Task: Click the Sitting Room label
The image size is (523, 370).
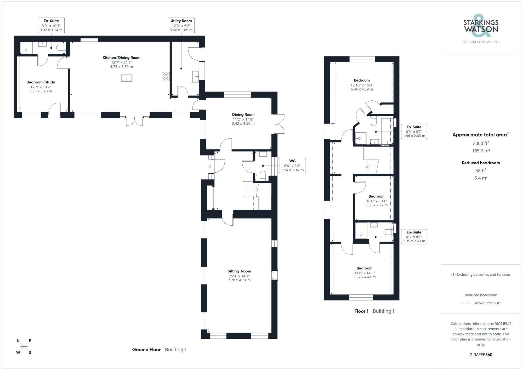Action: coord(239,271)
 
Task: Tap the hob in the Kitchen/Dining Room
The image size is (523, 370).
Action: coord(166,77)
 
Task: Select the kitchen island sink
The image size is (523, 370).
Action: coord(127,78)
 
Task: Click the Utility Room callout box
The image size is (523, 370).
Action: coord(181,25)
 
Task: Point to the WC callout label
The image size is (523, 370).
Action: coord(292,166)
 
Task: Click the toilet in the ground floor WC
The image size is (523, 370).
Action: coord(263,175)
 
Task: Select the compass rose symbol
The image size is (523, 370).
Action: coord(24,347)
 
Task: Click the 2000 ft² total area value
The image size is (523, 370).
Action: coord(481,143)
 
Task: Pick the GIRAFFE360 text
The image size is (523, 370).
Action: coord(481,355)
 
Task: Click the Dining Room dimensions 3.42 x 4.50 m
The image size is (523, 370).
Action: coord(243,123)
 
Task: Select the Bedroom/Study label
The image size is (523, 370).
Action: coord(41,82)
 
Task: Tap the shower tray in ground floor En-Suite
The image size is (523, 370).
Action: coord(26,48)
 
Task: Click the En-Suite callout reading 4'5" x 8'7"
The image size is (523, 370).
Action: coord(414,237)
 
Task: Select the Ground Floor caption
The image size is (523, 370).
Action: coord(146,350)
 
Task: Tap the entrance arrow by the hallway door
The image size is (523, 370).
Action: coord(209,166)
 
